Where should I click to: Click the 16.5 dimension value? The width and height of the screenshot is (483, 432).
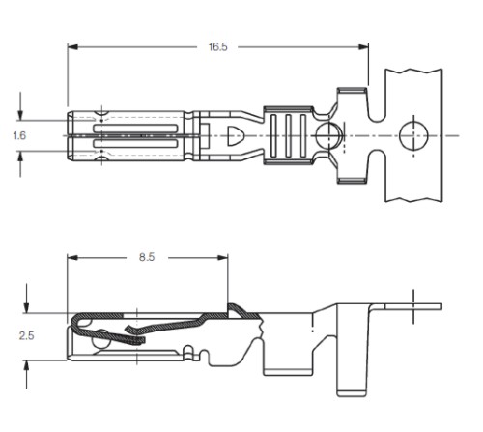coord(218,47)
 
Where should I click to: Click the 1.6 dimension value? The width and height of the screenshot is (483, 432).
coord(19,135)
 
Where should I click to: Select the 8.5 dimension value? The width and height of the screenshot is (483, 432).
coord(147,257)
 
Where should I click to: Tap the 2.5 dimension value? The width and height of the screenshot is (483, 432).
coord(26,335)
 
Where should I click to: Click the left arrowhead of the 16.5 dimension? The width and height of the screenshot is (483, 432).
coord(72,47)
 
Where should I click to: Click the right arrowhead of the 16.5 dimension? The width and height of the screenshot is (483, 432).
coord(363,47)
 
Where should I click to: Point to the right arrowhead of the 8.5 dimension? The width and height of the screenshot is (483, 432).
coord(223,258)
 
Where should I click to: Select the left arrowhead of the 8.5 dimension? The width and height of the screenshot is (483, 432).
coord(72,258)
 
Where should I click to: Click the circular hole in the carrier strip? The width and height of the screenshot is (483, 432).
coord(413,135)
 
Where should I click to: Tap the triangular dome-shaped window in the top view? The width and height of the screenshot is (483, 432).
coord(235,135)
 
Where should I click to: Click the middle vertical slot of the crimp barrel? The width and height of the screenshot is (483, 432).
coord(288,135)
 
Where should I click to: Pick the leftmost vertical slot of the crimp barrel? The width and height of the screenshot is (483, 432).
coord(273,135)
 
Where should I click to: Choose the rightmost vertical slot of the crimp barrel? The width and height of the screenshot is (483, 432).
coord(303,135)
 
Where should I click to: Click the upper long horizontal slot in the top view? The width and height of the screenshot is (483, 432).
coord(135,129)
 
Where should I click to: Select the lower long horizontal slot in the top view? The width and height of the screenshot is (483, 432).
coord(135,144)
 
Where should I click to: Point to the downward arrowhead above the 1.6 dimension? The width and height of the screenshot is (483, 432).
coord(20,115)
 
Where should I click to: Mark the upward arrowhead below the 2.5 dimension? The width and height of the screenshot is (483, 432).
coord(26,366)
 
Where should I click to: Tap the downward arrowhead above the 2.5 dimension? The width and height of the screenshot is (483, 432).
coord(26,307)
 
